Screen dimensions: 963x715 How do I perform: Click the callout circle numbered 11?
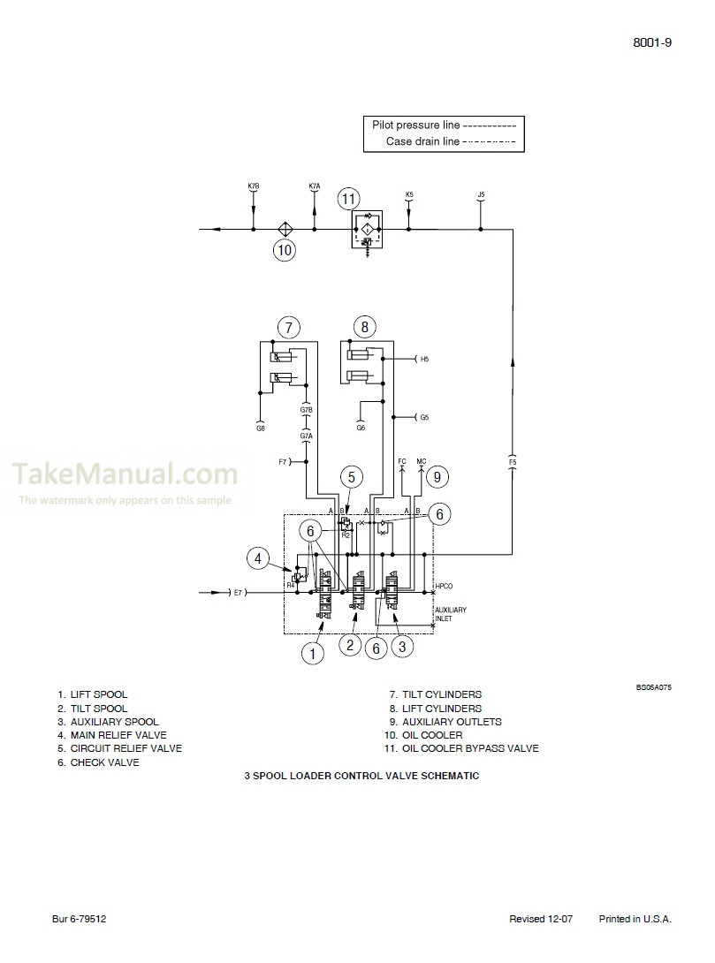click(349, 198)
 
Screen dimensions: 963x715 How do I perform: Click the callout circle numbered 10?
click(284, 250)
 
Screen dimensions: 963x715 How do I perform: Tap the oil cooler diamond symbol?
click(285, 229)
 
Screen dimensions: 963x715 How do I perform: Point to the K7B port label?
click(254, 186)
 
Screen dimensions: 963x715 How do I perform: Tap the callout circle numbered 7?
click(288, 327)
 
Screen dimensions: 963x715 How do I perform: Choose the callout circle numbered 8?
click(364, 327)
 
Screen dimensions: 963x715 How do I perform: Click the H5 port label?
click(425, 360)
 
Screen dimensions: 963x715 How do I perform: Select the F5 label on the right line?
click(513, 461)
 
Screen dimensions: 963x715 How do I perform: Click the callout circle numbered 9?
click(436, 477)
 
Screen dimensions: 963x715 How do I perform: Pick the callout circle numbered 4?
click(258, 557)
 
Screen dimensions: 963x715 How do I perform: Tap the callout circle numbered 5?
click(351, 477)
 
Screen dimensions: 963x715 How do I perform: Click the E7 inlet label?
click(237, 591)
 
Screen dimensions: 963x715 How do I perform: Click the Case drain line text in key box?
click(422, 141)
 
